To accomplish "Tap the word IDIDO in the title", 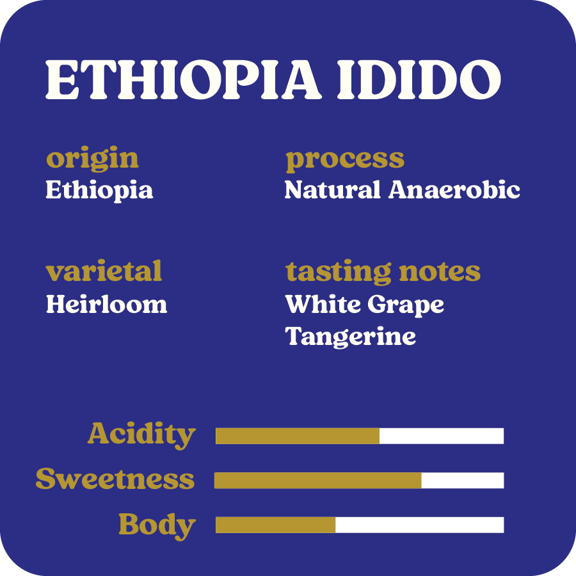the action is click(x=419, y=80).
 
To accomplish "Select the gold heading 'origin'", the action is click(x=93, y=159).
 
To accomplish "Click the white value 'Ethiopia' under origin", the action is click(x=99, y=191).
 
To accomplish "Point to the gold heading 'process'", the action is click(x=345, y=160).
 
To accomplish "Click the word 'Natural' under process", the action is click(x=332, y=190).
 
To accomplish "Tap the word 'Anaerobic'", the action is click(x=454, y=190).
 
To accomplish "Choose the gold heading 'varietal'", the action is click(x=104, y=271).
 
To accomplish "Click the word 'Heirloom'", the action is click(x=106, y=304).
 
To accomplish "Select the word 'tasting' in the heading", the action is click(x=338, y=273).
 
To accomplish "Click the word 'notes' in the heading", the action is click(x=440, y=273).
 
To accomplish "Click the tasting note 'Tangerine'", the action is click(x=351, y=337).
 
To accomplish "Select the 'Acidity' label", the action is click(x=141, y=435).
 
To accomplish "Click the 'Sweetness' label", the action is click(x=115, y=479).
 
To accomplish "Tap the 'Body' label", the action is click(x=157, y=526).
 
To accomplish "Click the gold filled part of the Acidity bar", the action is click(x=298, y=436).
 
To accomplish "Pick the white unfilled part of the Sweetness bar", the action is click(x=463, y=481).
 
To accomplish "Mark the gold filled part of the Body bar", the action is click(x=275, y=525).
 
